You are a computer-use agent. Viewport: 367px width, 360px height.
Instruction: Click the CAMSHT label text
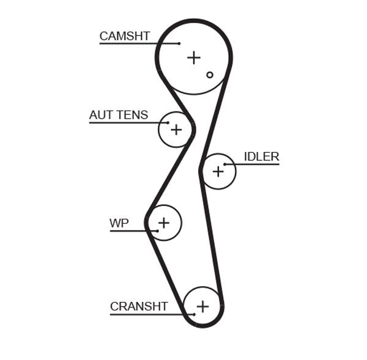pos(124,36)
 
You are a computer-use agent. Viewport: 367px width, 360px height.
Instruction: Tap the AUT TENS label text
pos(118,115)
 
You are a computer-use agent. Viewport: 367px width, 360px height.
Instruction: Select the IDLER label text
pos(261,156)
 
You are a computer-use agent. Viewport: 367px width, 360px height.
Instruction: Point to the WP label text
pos(119,223)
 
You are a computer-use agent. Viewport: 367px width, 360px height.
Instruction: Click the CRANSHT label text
pos(139,306)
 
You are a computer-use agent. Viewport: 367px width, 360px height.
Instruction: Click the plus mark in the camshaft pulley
pos(194,57)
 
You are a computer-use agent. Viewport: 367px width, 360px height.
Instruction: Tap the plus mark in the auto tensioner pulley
pos(176,130)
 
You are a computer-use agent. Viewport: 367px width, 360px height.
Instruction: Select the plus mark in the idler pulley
pos(218,172)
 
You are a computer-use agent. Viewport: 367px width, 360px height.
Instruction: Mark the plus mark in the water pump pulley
pos(164,222)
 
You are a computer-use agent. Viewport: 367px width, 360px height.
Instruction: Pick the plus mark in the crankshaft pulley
pos(202,306)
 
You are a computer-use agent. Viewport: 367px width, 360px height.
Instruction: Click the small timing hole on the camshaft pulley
pos(210,75)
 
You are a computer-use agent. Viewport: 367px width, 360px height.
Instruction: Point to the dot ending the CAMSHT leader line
pos(179,43)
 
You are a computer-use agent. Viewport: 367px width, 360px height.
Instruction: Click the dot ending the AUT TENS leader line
pos(168,123)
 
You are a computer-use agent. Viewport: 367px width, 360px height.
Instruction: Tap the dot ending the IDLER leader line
pos(225,164)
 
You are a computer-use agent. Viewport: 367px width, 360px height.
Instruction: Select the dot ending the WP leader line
pos(157,230)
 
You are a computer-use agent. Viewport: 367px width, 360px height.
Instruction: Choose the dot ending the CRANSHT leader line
pos(194,314)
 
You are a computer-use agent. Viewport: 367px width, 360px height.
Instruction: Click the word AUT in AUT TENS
pos(101,115)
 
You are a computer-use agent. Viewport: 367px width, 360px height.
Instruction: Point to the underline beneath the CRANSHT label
pos(147,314)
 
